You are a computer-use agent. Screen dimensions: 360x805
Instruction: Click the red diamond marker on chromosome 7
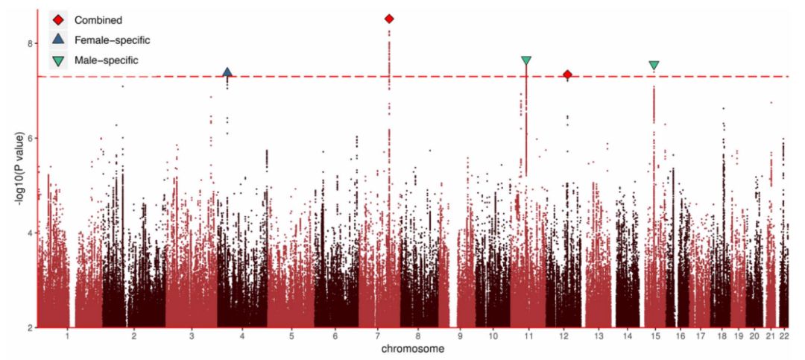(x=389, y=19)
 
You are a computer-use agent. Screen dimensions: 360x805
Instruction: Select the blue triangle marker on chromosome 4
(x=227, y=72)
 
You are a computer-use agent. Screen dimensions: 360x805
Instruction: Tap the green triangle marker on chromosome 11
(x=526, y=60)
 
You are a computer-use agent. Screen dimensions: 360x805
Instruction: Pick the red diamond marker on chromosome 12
(x=567, y=75)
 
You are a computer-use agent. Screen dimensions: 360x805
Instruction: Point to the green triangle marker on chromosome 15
(x=654, y=66)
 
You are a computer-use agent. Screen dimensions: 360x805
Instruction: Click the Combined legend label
(x=98, y=19)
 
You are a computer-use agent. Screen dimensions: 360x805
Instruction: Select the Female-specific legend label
(x=112, y=40)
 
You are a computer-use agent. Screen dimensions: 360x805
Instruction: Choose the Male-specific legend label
(x=107, y=60)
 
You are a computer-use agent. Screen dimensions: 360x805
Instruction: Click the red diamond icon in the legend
(x=58, y=19)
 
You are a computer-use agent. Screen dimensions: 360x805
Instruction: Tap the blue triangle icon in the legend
(x=58, y=39)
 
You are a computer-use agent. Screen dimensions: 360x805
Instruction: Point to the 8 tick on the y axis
(x=29, y=43)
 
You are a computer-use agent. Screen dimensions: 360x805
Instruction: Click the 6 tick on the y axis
(x=29, y=138)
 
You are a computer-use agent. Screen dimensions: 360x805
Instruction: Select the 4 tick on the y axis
(x=29, y=233)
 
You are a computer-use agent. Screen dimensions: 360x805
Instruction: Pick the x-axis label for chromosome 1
(x=68, y=336)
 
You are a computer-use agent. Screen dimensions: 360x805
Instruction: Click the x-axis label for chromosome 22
(x=784, y=336)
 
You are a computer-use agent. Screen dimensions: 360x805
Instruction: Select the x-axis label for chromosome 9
(x=460, y=336)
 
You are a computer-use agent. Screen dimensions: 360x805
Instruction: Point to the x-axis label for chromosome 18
(x=722, y=336)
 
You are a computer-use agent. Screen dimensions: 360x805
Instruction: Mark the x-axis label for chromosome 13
(x=599, y=336)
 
